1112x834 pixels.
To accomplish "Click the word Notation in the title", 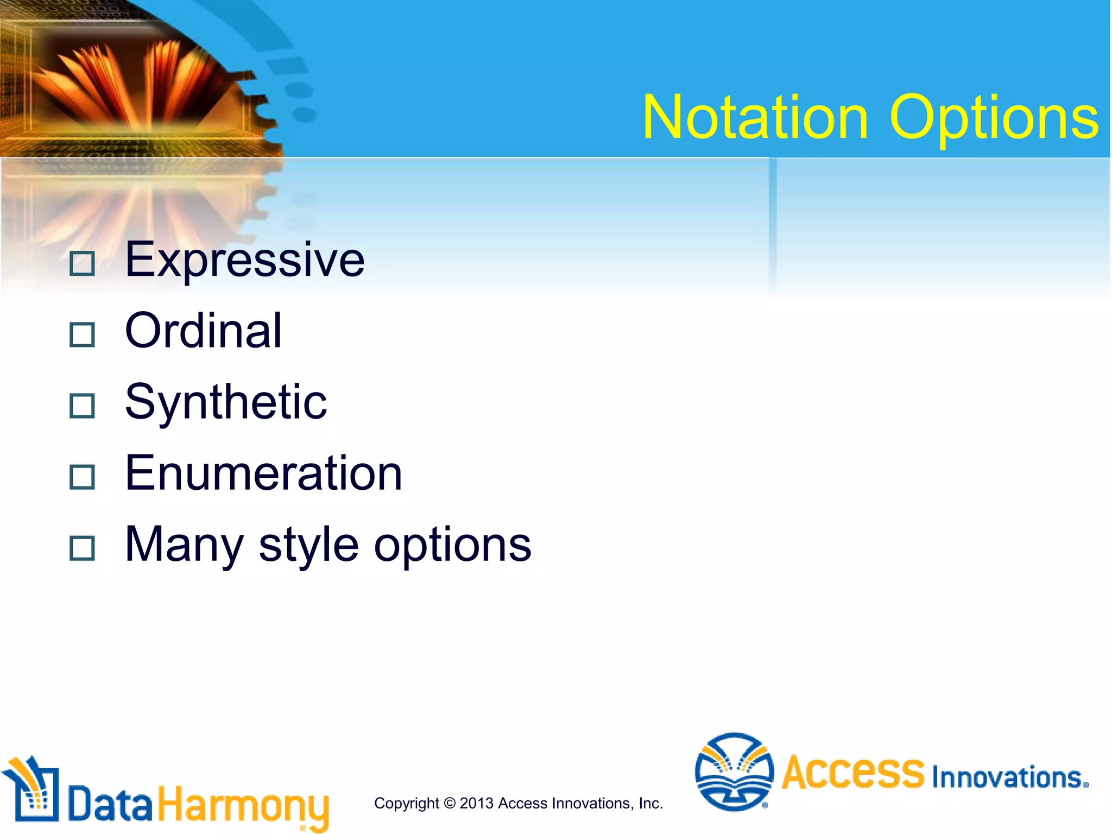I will [755, 117].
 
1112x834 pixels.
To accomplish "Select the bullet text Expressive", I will [244, 260].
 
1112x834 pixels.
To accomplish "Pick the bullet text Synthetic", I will [226, 402].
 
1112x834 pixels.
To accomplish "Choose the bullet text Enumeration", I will [263, 473].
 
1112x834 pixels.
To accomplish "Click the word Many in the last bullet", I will [184, 545].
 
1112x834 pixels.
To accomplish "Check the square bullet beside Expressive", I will [82, 264].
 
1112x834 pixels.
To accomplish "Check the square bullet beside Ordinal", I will [82, 335].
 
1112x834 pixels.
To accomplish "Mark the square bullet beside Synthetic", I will [82, 406].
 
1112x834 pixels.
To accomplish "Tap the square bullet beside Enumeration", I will [82, 477].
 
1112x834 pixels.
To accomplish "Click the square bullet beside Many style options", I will [82, 548].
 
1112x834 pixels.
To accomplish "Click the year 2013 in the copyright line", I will [477, 803].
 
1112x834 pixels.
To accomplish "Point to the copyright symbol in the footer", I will [449, 803].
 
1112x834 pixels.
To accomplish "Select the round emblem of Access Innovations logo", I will [734, 771].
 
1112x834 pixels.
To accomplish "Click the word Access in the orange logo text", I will [852, 772].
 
